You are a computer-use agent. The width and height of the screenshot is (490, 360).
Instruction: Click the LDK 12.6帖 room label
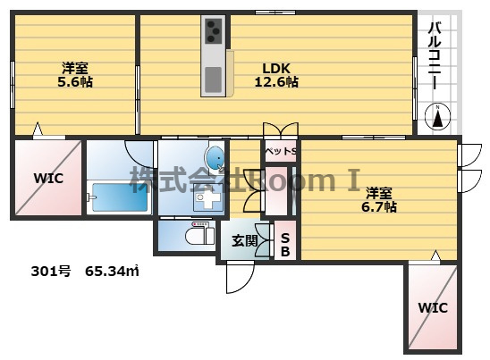pyautogui.click(x=276, y=75)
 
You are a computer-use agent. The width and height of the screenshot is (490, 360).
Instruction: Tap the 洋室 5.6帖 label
pyautogui.click(x=75, y=75)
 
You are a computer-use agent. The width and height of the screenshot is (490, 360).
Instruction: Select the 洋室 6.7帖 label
pyautogui.click(x=379, y=200)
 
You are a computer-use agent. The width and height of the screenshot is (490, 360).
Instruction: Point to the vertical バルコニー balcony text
pyautogui.click(x=435, y=55)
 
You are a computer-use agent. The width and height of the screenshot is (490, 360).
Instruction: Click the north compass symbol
pyautogui.click(x=438, y=116)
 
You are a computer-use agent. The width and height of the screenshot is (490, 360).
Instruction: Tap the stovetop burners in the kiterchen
pyautogui.click(x=214, y=31)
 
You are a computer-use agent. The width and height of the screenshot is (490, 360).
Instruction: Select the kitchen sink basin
pyautogui.click(x=214, y=80)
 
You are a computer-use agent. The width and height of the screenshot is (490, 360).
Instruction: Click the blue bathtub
pyautogui.click(x=120, y=197)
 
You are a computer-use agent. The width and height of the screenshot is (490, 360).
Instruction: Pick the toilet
pyautogui.click(x=200, y=235)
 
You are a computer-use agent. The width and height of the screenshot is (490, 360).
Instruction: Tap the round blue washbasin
pyautogui.click(x=215, y=157)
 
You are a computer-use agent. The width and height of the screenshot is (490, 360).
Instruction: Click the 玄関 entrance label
pyautogui.click(x=245, y=240)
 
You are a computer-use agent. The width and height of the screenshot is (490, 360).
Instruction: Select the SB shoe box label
pyautogui.click(x=285, y=245)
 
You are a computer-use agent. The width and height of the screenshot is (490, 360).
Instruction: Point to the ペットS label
pyautogui.click(x=280, y=152)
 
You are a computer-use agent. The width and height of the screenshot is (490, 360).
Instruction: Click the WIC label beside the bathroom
pyautogui.click(x=49, y=179)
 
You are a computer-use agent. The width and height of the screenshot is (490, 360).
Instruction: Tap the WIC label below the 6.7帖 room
pyautogui.click(x=433, y=308)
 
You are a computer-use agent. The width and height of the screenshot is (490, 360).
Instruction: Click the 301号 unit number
pyautogui.click(x=51, y=271)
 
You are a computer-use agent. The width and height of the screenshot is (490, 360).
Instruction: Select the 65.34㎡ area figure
pyautogui.click(x=112, y=271)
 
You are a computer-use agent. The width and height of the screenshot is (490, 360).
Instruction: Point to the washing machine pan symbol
pyautogui.click(x=207, y=197)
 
